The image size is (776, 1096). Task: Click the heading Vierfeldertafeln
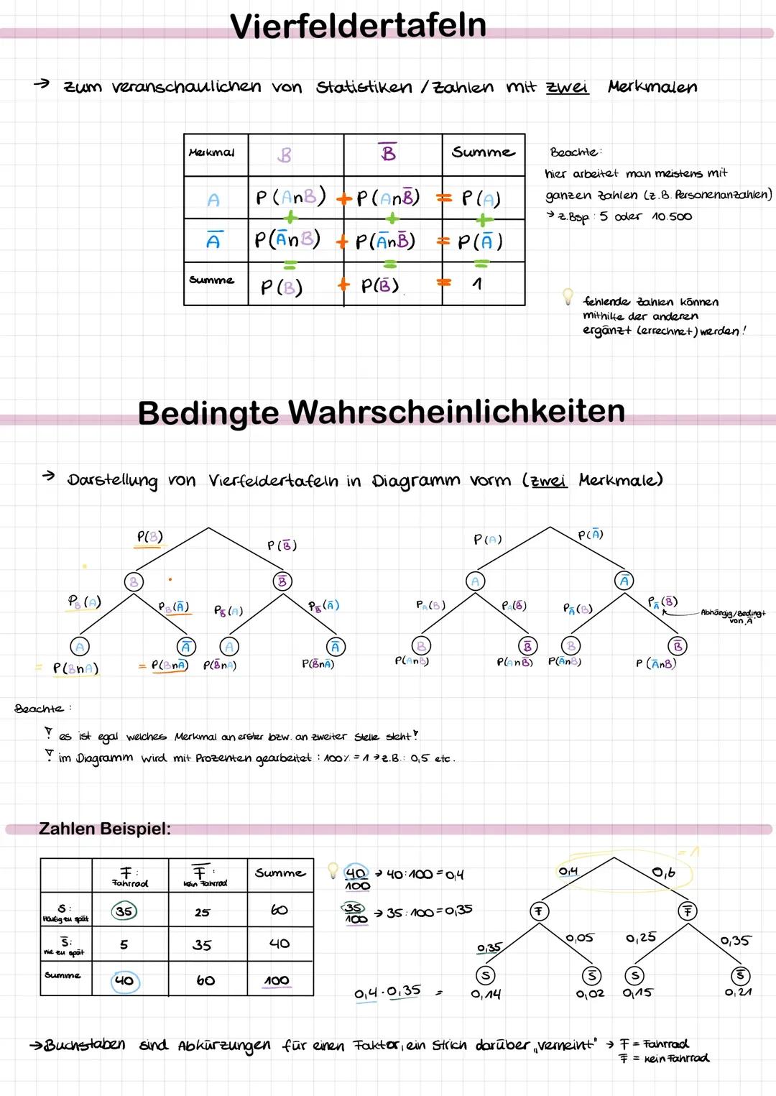(x=358, y=25)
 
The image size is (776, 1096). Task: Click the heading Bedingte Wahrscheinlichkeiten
(x=381, y=412)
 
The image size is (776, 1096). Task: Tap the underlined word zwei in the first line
(x=567, y=87)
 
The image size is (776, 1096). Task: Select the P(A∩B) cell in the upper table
(x=290, y=196)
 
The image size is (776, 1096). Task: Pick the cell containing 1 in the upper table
(x=477, y=285)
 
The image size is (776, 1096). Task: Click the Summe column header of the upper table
(x=483, y=152)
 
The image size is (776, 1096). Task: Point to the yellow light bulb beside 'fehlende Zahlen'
(x=568, y=295)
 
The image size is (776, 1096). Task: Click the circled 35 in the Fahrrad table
(x=124, y=911)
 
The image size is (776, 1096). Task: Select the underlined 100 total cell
(x=277, y=981)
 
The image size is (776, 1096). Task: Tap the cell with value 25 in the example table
(x=203, y=912)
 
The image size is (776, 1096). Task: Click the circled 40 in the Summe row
(x=124, y=981)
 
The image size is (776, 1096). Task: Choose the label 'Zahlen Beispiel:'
(x=105, y=829)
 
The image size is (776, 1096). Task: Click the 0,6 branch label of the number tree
(x=663, y=872)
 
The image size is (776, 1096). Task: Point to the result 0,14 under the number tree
(x=486, y=994)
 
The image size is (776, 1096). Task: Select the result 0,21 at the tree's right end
(x=739, y=993)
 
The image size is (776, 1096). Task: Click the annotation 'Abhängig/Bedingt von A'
(x=733, y=616)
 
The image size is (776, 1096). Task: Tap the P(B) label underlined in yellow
(x=149, y=537)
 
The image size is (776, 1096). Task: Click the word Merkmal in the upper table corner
(x=211, y=152)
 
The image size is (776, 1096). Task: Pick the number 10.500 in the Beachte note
(x=671, y=216)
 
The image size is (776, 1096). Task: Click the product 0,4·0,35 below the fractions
(x=388, y=992)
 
